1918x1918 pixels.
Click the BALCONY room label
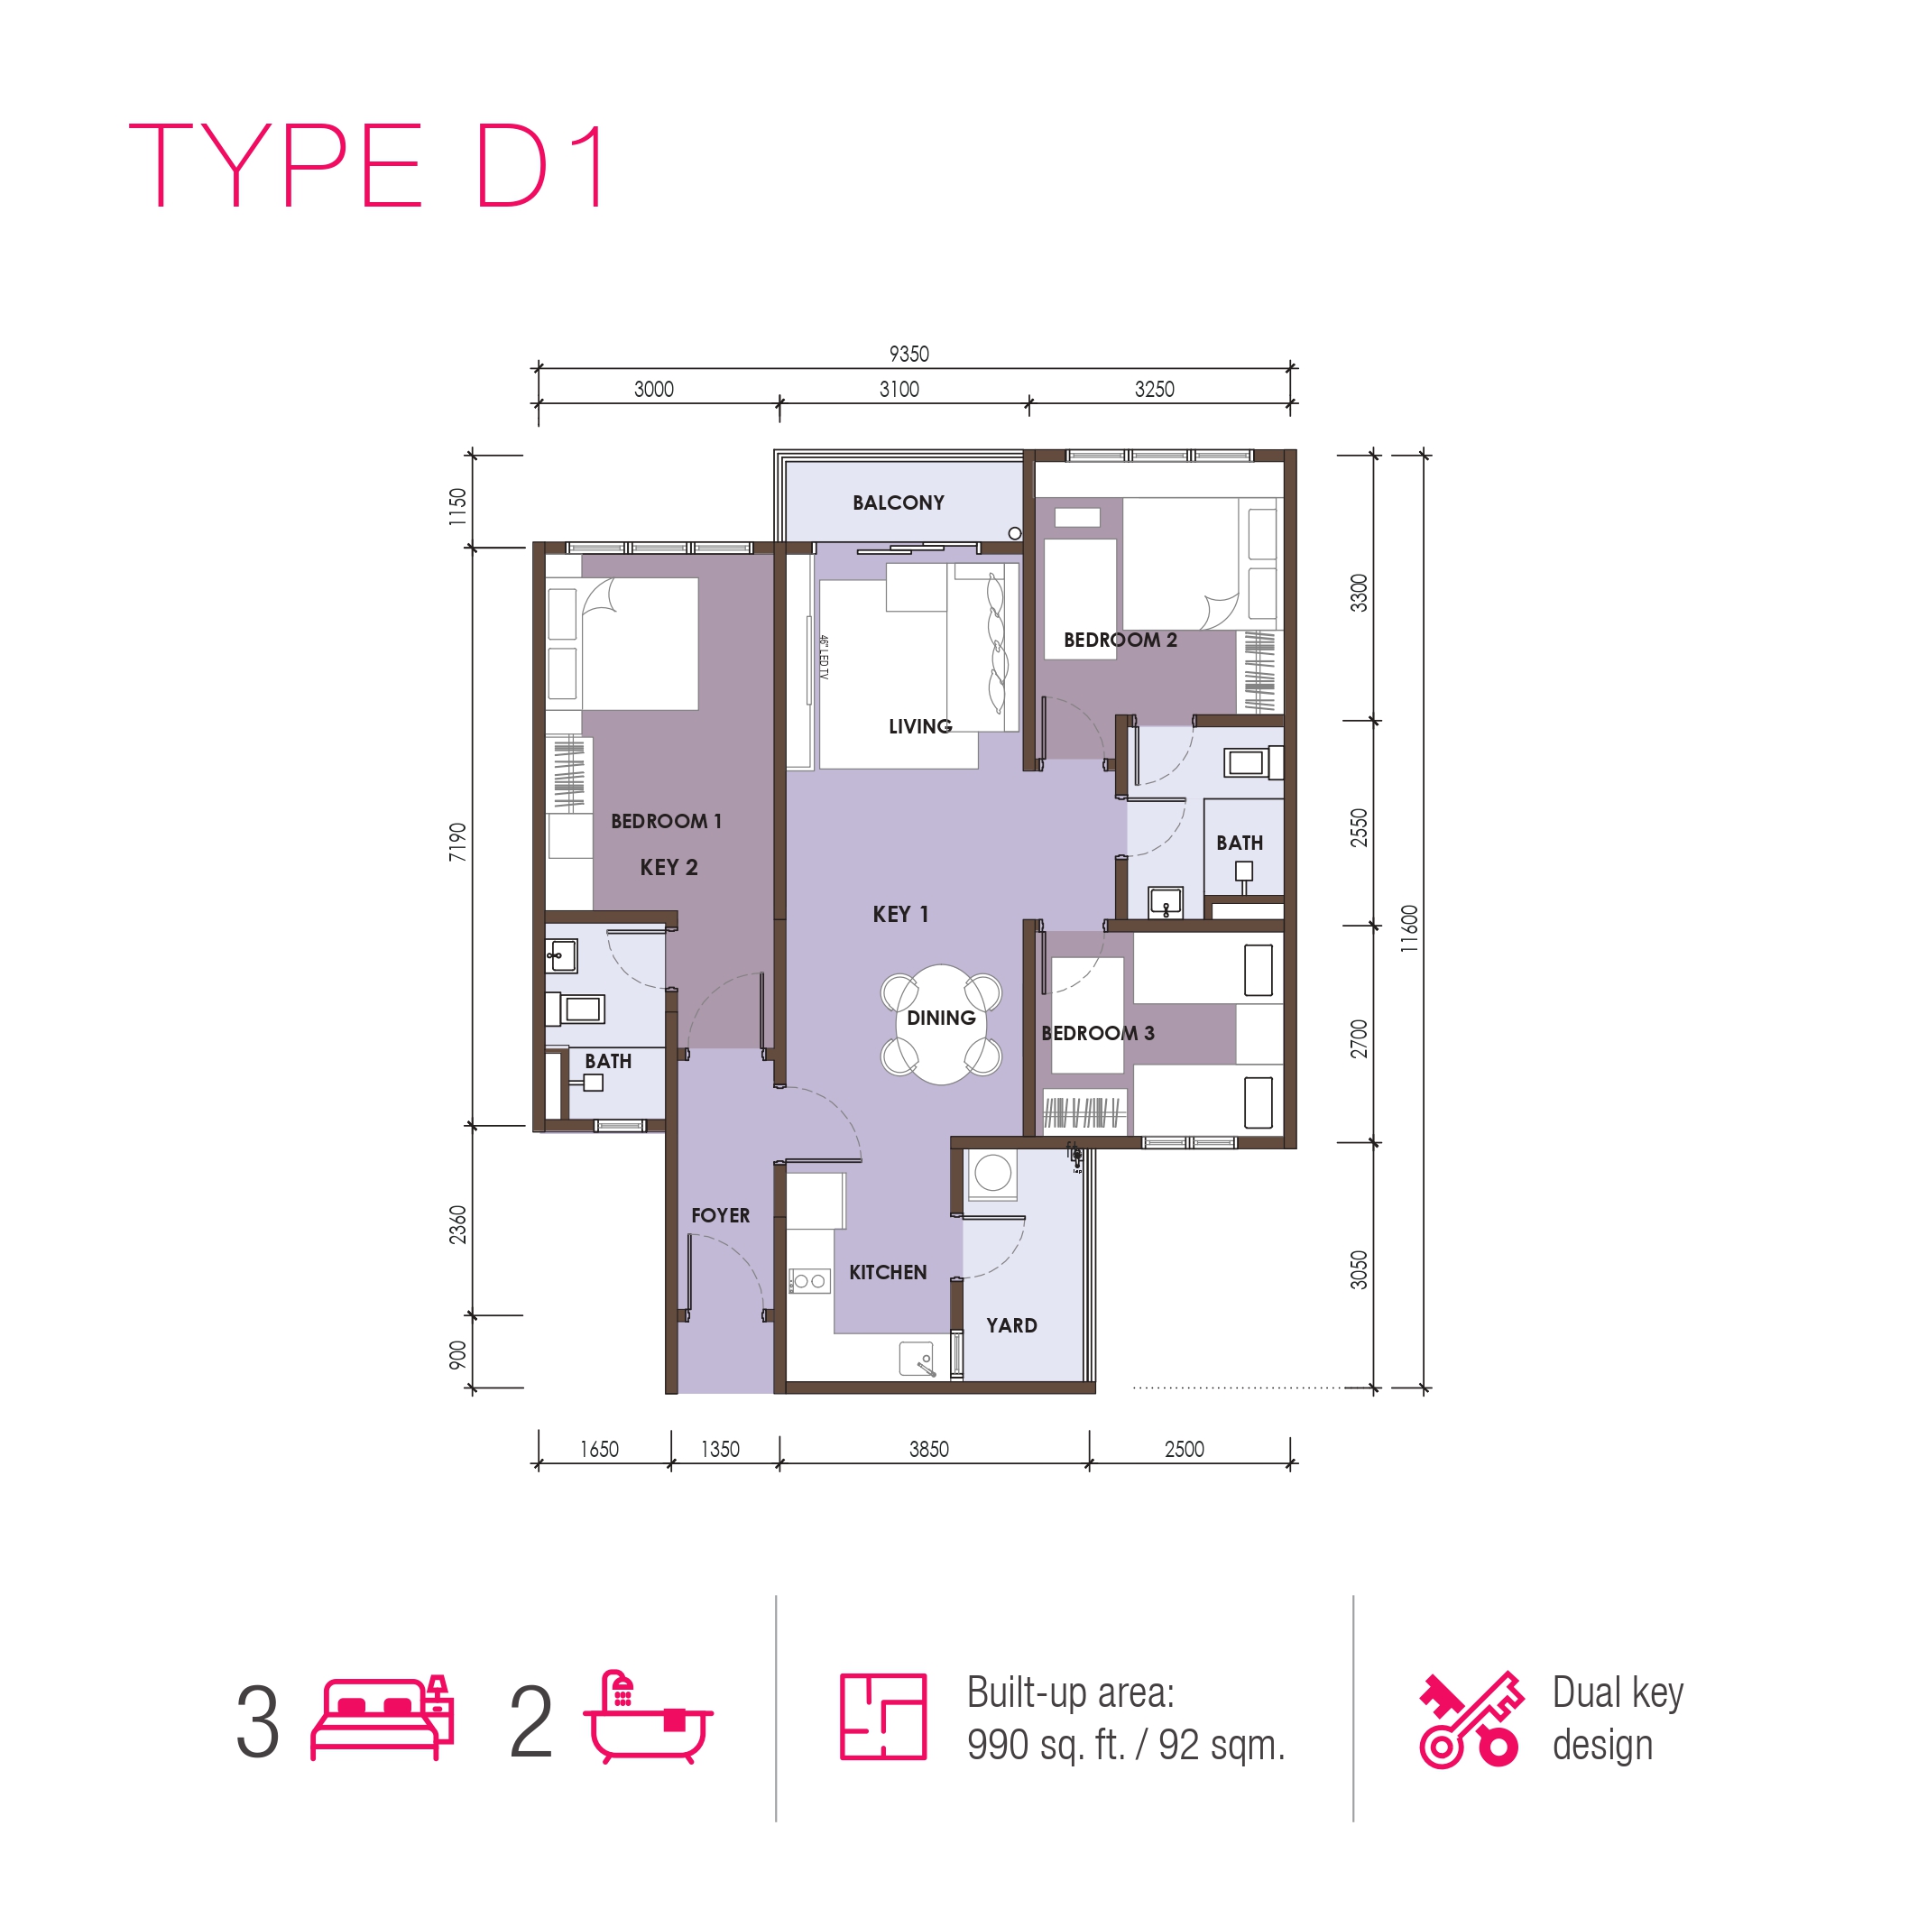point(898,503)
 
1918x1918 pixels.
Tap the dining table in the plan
point(940,1024)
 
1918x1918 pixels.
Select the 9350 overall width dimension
point(908,354)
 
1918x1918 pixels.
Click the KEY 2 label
point(669,867)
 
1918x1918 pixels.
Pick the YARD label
point(1010,1325)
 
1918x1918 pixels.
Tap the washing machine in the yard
point(992,1174)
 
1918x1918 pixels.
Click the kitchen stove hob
point(809,1281)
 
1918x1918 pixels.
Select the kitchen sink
point(917,1359)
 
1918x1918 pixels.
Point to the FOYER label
point(720,1215)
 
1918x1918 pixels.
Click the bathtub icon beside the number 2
point(647,1717)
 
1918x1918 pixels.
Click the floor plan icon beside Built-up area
point(882,1717)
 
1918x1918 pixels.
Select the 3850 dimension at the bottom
point(928,1449)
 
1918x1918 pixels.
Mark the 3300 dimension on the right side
point(1357,593)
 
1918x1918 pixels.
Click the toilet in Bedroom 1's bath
point(575,1009)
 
